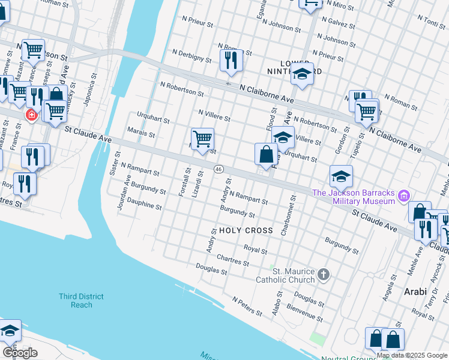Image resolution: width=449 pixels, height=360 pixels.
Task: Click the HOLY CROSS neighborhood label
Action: point(246,230)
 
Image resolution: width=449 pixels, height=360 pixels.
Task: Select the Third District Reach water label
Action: point(81,301)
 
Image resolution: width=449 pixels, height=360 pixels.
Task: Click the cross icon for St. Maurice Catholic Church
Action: point(324,275)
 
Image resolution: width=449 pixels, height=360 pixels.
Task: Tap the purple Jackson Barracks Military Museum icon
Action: point(404,196)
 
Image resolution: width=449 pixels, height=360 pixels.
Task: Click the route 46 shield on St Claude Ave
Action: point(219,170)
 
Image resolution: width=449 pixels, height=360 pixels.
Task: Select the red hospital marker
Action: point(30,115)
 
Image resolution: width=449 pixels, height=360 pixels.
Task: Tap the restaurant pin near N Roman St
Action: point(231,60)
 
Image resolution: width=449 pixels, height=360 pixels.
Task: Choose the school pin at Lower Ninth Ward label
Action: point(302,74)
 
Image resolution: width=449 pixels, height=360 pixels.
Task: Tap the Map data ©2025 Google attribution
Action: point(412,355)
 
